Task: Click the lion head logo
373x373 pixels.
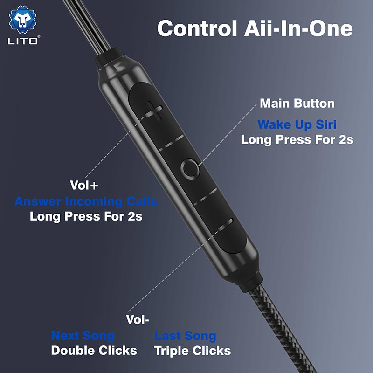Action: tap(22, 20)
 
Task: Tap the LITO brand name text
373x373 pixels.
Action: tap(23, 41)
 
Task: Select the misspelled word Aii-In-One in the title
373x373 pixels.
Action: tap(298, 28)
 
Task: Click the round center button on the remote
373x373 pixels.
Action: tap(190, 168)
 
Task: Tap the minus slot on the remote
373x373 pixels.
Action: tap(225, 225)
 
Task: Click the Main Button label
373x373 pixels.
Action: tap(297, 103)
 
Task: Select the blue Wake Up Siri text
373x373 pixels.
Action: tap(297, 124)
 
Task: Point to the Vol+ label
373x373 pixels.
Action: tap(84, 185)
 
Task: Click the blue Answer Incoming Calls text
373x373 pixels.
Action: tap(86, 201)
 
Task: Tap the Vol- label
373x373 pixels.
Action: tap(137, 319)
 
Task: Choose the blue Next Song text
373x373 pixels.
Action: tap(83, 336)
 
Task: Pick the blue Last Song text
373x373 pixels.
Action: tap(185, 336)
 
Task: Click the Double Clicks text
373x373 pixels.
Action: tap(94, 351)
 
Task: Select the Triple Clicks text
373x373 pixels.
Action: tap(193, 351)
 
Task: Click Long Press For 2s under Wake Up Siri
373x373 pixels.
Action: tap(297, 139)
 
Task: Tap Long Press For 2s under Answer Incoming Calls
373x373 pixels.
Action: tap(86, 216)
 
